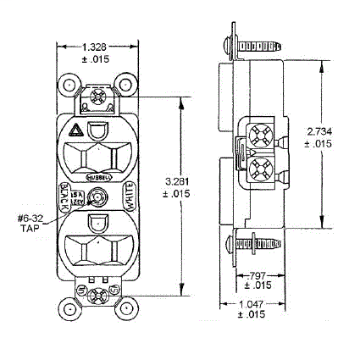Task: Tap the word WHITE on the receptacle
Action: coord(130,199)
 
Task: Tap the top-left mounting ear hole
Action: coord(67,86)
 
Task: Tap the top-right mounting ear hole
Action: coord(128,86)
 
